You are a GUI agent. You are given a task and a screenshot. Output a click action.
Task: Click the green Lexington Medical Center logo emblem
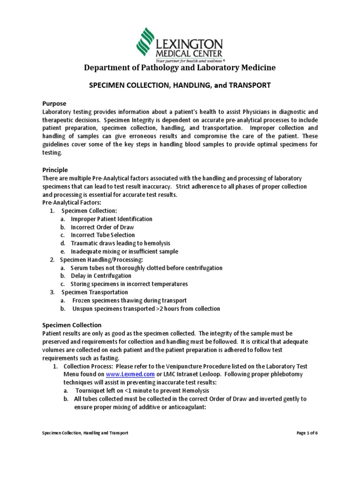pyautogui.click(x=146, y=42)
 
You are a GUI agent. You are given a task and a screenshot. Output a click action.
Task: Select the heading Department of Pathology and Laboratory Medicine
pyautogui.click(x=180, y=68)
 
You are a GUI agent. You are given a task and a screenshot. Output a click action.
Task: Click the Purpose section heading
pyautogui.click(x=54, y=103)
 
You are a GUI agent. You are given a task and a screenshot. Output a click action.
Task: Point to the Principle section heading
pyautogui.click(x=55, y=170)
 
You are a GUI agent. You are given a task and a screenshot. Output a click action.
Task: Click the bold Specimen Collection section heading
pyautogui.click(x=71, y=325)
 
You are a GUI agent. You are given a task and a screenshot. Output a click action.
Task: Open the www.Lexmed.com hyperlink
pyautogui.click(x=123, y=375)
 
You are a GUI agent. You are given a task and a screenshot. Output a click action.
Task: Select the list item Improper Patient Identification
pyautogui.click(x=111, y=219)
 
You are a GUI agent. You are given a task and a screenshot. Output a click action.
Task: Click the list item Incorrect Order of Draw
pyautogui.click(x=102, y=227)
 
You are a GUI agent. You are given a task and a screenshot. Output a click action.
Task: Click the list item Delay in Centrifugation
pyautogui.click(x=101, y=276)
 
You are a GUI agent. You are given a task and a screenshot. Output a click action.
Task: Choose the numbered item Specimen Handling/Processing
pyautogui.click(x=101, y=260)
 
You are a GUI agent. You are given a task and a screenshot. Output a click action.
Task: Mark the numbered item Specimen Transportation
pyautogui.click(x=94, y=292)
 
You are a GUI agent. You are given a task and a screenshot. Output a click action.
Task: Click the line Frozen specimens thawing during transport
pyautogui.click(x=129, y=300)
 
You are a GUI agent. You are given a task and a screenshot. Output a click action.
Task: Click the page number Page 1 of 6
pyautogui.click(x=307, y=433)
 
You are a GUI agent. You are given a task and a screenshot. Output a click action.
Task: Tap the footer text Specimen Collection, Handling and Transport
pyautogui.click(x=85, y=433)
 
